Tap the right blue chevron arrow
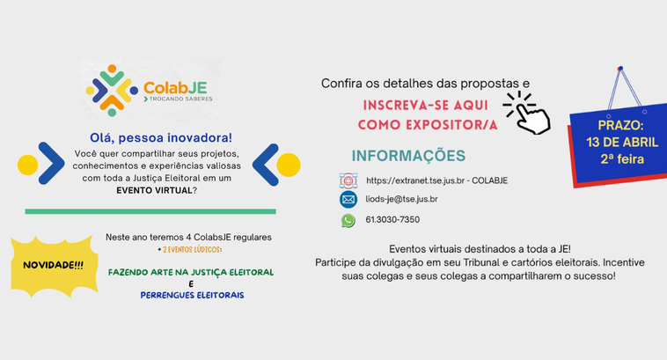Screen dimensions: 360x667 266,164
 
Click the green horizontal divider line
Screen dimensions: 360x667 150,212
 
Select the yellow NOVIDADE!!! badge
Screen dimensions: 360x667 53,264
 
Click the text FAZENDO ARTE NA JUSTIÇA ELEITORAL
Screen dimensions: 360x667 190,272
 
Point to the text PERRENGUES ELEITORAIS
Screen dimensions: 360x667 192,295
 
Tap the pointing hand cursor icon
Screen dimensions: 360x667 531,115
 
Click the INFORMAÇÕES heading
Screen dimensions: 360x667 408,156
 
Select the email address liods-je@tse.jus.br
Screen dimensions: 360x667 401,200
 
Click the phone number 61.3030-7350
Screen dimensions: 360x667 392,220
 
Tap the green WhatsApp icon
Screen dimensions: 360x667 348,220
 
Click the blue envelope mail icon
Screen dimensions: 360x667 348,200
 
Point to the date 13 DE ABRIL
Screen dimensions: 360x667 621,143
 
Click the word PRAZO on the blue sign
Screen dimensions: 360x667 621,126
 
